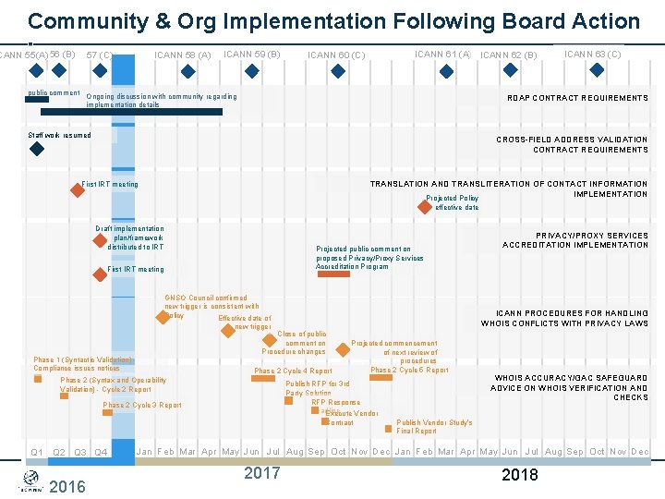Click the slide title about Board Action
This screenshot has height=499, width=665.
point(333,21)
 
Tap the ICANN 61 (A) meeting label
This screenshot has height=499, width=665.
point(443,55)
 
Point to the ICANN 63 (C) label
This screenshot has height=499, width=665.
point(592,55)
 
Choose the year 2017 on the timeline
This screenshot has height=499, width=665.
point(261,473)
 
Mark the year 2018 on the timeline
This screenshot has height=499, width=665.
point(520,475)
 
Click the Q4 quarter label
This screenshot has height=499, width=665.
point(102,453)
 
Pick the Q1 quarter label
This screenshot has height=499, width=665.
point(37,453)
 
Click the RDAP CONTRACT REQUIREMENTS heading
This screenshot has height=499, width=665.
point(578,98)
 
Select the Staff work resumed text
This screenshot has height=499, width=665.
point(60,136)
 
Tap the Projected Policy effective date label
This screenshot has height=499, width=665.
point(453,202)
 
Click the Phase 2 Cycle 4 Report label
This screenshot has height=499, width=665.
point(293,371)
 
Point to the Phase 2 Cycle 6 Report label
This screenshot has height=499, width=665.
point(409,371)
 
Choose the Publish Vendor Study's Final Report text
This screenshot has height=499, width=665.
point(434,427)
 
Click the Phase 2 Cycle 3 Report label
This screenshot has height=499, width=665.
point(141,406)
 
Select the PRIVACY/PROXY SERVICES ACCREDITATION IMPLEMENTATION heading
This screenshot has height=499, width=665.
point(575,240)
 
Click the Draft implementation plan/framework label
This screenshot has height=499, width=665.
point(130,237)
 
